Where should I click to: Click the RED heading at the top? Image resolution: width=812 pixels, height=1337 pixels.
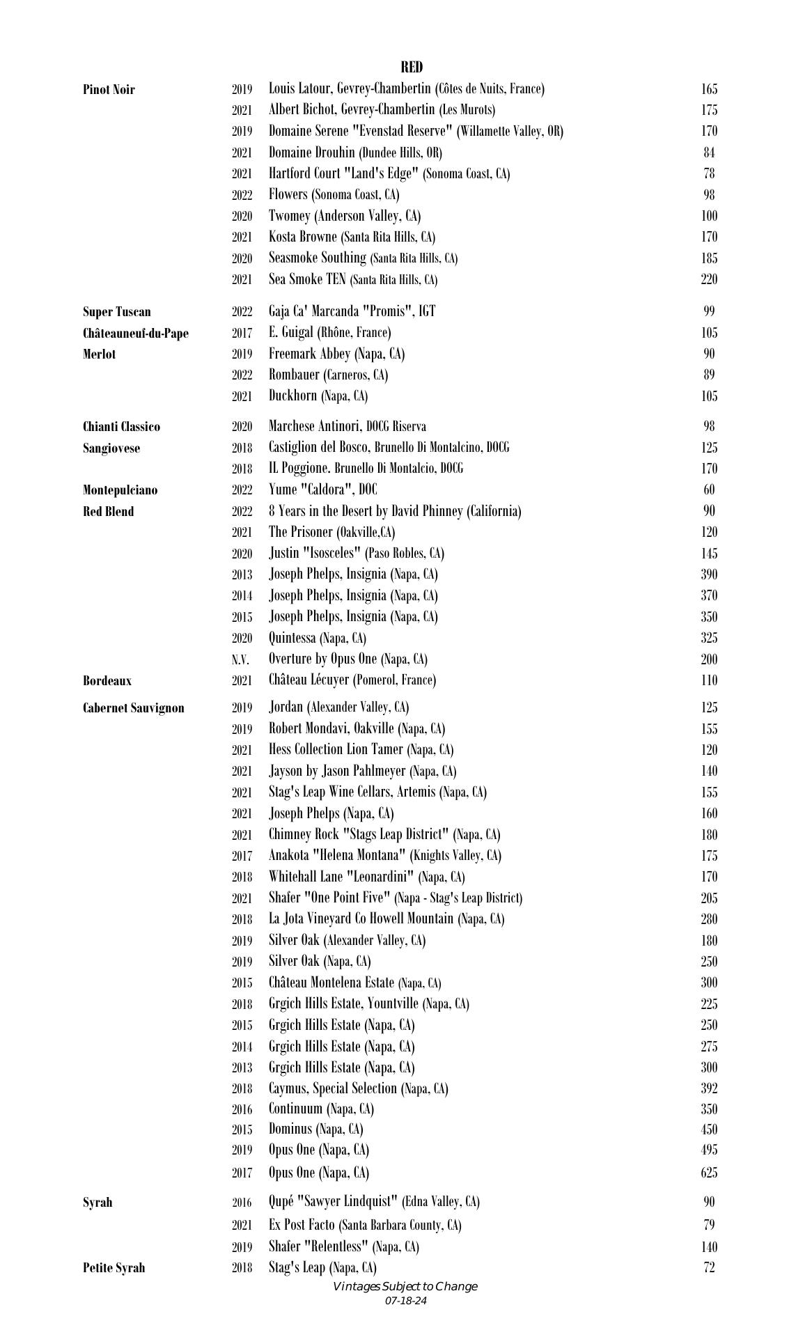(411, 67)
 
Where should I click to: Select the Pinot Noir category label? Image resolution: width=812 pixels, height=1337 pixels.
(109, 89)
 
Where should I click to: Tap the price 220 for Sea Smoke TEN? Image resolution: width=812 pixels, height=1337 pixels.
(709, 279)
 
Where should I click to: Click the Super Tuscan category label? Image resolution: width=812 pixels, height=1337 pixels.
(116, 311)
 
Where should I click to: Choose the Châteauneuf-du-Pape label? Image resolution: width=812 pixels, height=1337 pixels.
(135, 333)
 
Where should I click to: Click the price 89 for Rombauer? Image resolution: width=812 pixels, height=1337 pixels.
(709, 375)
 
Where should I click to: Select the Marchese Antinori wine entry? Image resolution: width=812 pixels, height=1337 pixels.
(347, 426)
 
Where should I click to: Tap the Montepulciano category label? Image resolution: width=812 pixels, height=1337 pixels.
(120, 490)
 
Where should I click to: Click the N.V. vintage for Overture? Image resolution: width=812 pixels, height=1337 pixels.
(241, 659)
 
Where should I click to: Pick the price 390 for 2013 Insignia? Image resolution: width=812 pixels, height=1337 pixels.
(709, 574)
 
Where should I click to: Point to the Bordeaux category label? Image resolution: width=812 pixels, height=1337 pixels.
(107, 680)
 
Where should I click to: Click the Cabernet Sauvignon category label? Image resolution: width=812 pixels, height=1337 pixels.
(133, 708)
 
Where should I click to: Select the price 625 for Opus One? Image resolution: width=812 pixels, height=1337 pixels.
(709, 1173)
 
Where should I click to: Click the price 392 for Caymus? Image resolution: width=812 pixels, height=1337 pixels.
(709, 1088)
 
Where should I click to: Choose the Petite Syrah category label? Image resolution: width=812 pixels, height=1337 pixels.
(114, 1267)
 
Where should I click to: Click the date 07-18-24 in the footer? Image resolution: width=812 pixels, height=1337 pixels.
(405, 1300)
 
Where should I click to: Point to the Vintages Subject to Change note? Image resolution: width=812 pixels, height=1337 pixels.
(405, 1286)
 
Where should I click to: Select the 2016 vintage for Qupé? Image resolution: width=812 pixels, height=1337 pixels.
(242, 1202)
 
